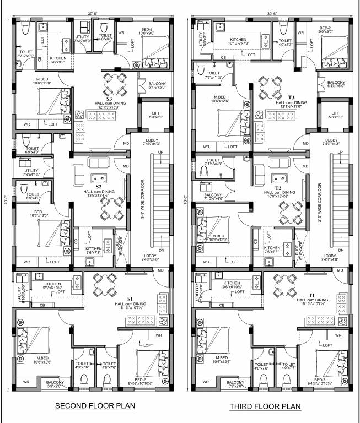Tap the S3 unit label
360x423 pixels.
point(110,99)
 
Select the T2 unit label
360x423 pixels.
point(278,187)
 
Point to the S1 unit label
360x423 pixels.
point(131,299)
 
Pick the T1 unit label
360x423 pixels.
point(311,295)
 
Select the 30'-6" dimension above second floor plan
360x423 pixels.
point(93,13)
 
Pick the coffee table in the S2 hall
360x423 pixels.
point(100,177)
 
